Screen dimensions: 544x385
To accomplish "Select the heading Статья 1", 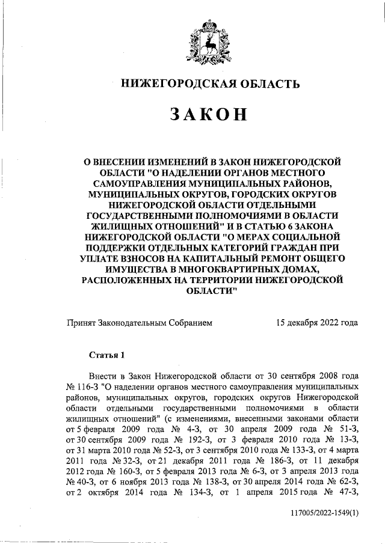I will click(106, 354).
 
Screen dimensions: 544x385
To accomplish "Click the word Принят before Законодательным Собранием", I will click(81, 322).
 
